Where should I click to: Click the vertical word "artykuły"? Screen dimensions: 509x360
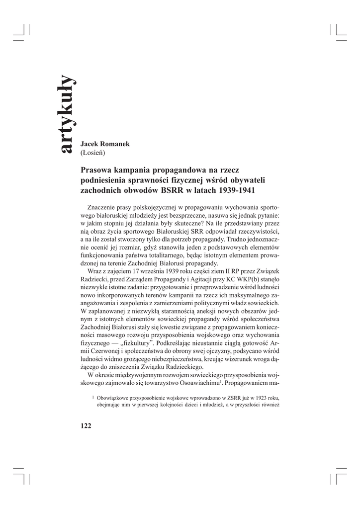(x=66, y=114)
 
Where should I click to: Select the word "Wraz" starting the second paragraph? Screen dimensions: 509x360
(x=95, y=272)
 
